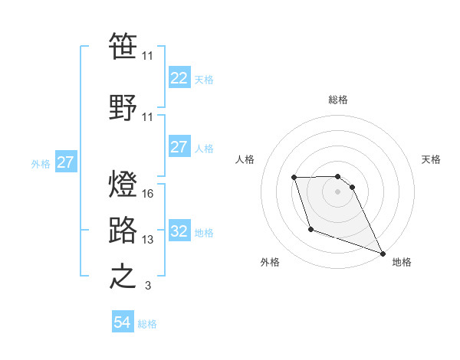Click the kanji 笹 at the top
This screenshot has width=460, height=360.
[123, 47]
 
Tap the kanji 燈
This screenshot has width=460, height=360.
[123, 185]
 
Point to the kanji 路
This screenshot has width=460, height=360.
[123, 230]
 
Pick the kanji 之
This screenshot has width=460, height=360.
[123, 277]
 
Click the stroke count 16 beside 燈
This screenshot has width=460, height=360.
[148, 194]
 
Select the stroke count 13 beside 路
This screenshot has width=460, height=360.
[148, 240]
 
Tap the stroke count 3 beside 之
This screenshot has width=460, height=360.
[148, 286]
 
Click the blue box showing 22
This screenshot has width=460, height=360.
[179, 77]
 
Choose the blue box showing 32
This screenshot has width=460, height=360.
[179, 231]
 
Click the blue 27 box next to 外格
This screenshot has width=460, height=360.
[65, 162]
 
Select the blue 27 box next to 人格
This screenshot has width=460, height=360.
[179, 147]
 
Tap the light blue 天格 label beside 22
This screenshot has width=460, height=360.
[204, 79]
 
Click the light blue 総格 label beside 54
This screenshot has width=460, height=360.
[147, 324]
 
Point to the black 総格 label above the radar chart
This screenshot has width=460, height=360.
[338, 100]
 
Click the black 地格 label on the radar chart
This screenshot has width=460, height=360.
[402, 262]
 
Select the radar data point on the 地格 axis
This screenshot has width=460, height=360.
[383, 253]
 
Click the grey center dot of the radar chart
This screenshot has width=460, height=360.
[338, 191]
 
